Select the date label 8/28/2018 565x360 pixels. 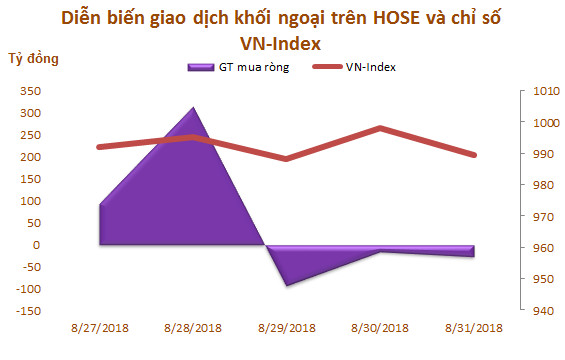[x=193, y=327]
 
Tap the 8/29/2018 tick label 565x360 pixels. [x=288, y=327]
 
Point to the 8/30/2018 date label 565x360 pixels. [x=381, y=327]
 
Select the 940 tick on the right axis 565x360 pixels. [x=530, y=311]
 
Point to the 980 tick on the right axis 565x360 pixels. [x=530, y=186]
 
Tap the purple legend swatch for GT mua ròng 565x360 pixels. [x=199, y=67]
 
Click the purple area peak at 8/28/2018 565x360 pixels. [x=193, y=108]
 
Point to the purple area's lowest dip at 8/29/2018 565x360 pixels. [x=288, y=285]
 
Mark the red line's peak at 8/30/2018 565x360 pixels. [x=381, y=128]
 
